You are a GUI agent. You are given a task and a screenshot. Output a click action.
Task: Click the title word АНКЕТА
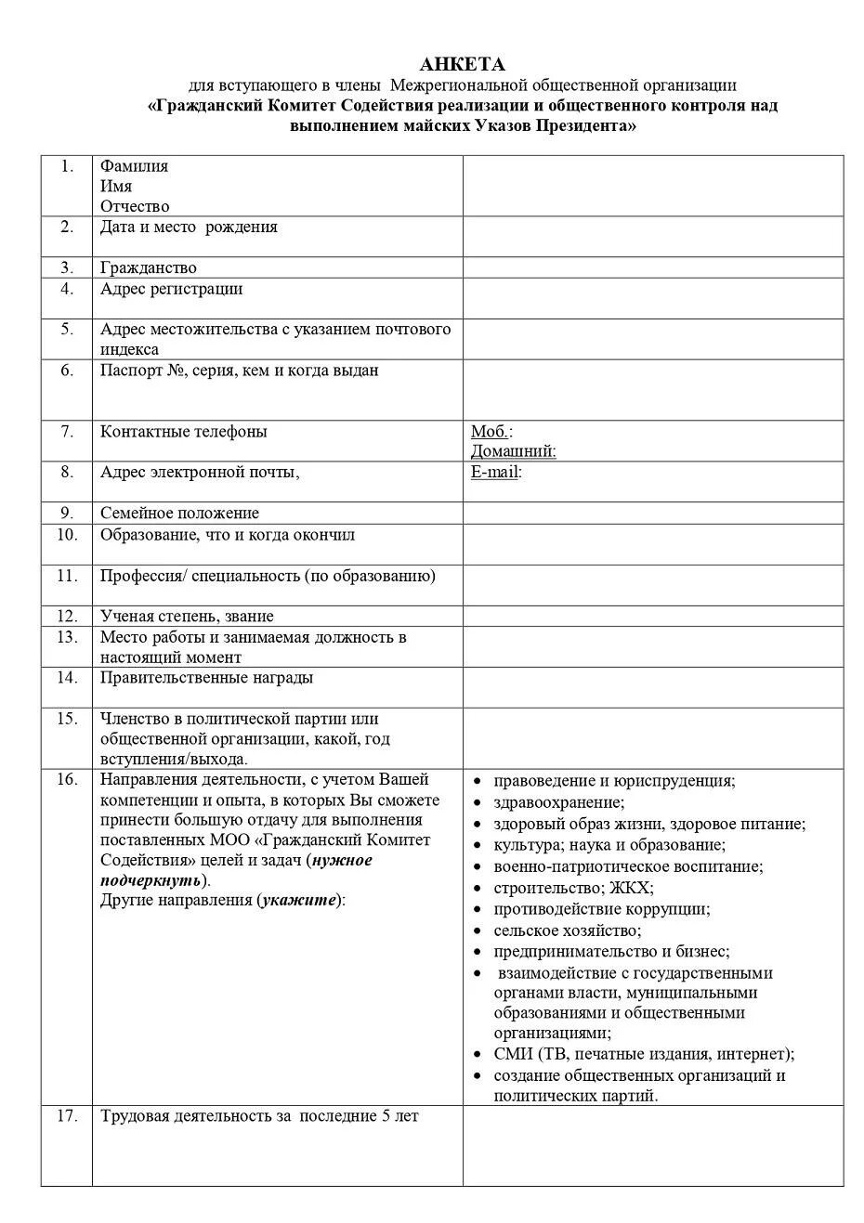click(x=462, y=64)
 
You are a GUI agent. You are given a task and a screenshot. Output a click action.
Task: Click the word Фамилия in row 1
click(x=134, y=166)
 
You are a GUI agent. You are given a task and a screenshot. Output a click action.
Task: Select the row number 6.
click(x=66, y=371)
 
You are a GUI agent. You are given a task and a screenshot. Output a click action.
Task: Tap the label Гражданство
click(x=148, y=268)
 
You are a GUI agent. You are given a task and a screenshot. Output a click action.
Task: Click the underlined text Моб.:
click(x=491, y=432)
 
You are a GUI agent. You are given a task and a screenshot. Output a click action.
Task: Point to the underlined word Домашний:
click(x=513, y=451)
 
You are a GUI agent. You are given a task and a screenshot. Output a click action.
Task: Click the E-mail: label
click(x=496, y=472)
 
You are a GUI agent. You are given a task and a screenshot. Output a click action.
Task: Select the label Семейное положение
click(x=179, y=514)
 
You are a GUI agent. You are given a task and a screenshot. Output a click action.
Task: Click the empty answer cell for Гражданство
click(x=652, y=268)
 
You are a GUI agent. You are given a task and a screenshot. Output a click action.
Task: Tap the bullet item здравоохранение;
click(x=558, y=802)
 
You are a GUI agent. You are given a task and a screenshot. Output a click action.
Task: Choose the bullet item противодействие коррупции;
click(x=601, y=909)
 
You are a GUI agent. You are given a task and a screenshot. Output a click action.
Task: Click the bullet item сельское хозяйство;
click(x=567, y=930)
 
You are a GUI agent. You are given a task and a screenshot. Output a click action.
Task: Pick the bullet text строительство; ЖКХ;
click(x=572, y=888)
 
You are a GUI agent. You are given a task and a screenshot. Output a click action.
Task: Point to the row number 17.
click(x=66, y=1116)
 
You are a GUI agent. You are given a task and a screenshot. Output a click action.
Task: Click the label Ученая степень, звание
click(x=187, y=617)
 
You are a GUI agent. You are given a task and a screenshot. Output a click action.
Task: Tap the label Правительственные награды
click(x=206, y=678)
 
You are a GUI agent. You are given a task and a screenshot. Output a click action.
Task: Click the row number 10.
click(x=66, y=535)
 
